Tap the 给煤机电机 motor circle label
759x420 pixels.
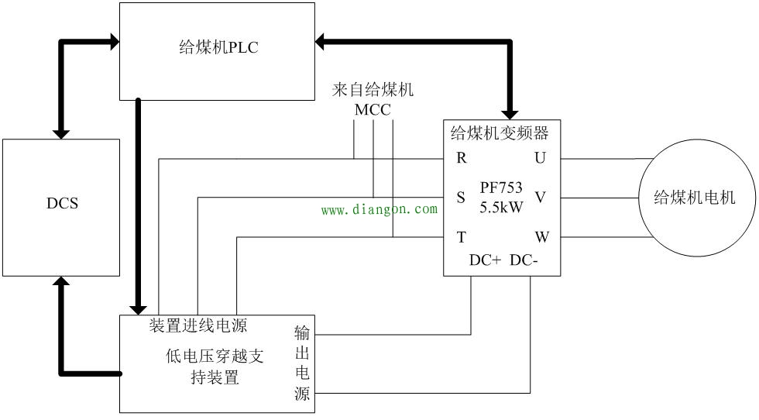tap(694, 198)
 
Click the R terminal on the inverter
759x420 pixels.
tap(461, 158)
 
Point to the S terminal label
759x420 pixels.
tap(461, 198)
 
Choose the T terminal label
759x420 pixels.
tap(461, 237)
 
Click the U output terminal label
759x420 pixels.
tap(540, 158)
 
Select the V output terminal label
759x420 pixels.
tap(540, 198)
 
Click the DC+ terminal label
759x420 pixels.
tap(486, 261)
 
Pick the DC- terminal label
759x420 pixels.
tap(524, 261)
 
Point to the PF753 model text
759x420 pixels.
tap(500, 187)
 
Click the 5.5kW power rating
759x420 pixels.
tap(500, 208)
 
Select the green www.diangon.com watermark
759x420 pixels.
tap(379, 209)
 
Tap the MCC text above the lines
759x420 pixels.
tap(373, 109)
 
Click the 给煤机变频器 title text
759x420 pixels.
tap(500, 133)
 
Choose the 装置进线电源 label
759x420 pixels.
tap(198, 325)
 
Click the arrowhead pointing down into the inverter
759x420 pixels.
tap(510, 112)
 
